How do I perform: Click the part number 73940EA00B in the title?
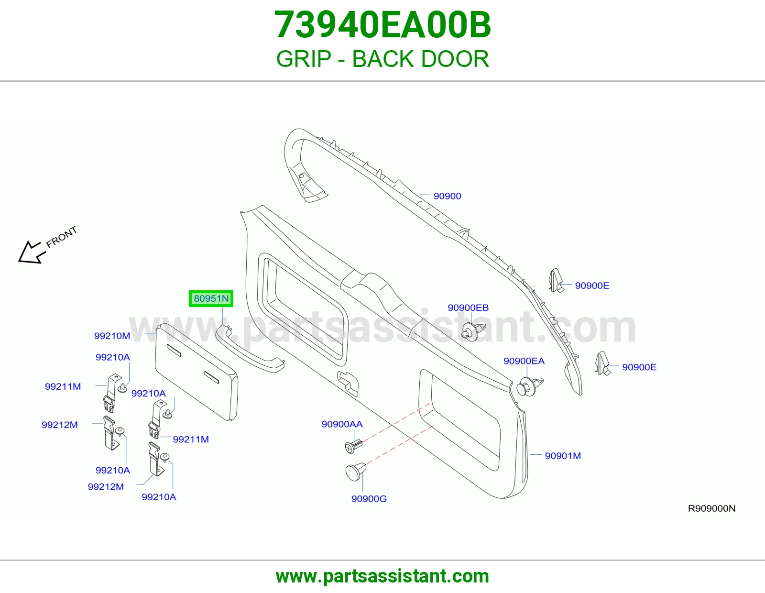382,25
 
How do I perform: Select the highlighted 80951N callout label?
211,298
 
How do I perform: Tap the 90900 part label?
447,196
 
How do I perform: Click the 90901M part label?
563,456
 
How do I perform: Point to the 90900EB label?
468,308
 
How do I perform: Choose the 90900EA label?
524,361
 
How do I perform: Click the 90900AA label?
342,424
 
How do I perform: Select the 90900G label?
369,499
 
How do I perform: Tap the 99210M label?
112,336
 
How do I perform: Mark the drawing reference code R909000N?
711,508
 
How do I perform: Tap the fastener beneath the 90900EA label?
529,387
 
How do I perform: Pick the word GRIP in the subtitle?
304,59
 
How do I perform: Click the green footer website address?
382,576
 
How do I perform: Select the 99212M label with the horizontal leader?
59,425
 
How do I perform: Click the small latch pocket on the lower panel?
348,383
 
